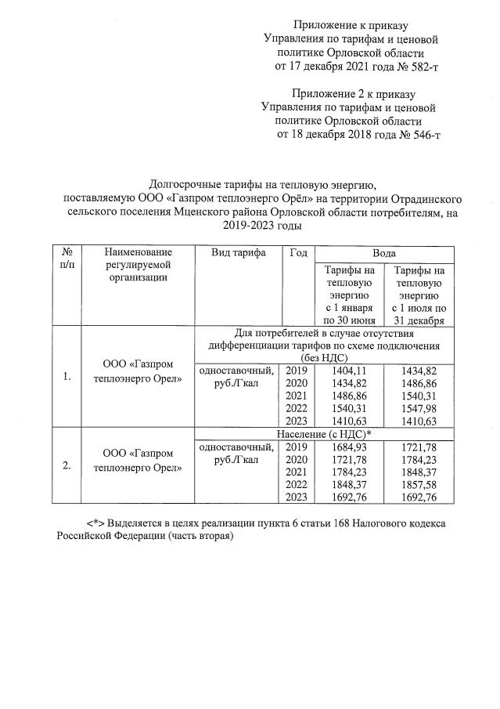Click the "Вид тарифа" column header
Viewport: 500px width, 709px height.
point(238,253)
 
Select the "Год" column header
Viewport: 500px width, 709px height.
point(297,253)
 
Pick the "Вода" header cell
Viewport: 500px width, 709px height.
point(383,253)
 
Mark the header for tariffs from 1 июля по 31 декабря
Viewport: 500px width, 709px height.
point(421,295)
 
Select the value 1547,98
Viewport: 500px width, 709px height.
point(421,408)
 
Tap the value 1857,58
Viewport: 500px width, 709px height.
point(421,485)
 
